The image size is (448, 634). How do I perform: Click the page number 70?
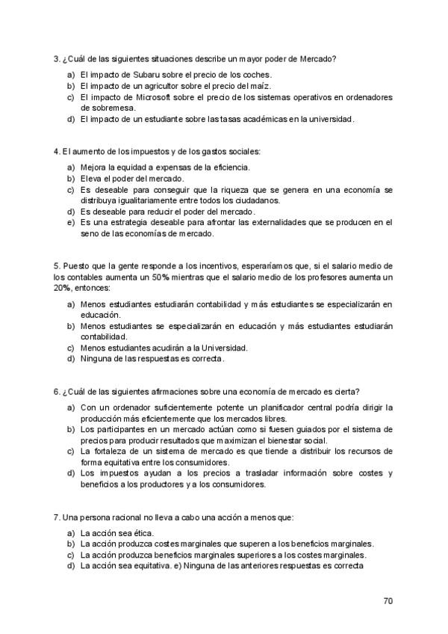(x=388, y=600)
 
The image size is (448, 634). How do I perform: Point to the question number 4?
(x=57, y=150)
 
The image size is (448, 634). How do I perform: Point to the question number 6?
(x=57, y=391)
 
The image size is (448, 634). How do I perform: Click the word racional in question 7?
(x=124, y=517)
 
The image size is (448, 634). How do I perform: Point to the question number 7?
(x=57, y=517)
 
